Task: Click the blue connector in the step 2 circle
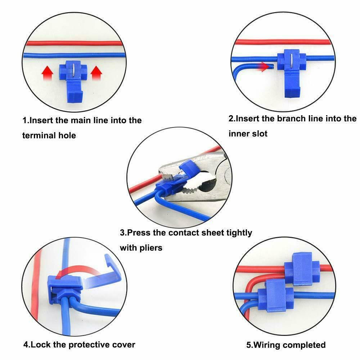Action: (x=292, y=72)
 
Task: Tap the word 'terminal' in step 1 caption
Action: (x=39, y=135)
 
